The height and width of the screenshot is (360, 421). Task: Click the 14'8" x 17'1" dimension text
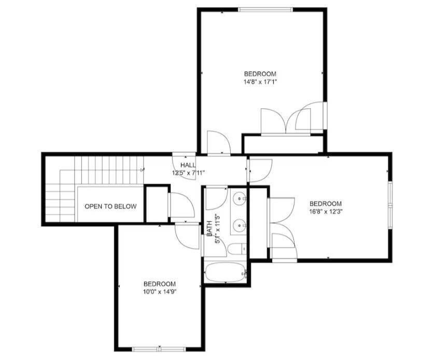coord(260,82)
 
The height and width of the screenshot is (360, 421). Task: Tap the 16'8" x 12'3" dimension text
coord(326,212)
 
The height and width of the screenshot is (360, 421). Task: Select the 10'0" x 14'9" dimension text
coord(160,292)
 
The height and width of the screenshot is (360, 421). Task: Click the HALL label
coord(188,165)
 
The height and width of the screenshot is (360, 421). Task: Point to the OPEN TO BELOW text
coord(110,206)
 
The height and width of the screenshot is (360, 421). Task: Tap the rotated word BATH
coord(209,228)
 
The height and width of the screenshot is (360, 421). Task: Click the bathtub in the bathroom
coord(225,272)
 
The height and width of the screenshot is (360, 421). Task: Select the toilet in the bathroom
coord(237,249)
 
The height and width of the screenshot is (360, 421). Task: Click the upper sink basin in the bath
coord(239,199)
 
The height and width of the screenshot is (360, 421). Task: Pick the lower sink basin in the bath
coord(239,225)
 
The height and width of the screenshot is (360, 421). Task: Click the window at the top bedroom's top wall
coord(265,10)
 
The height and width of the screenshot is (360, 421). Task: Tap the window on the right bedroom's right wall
coord(390,205)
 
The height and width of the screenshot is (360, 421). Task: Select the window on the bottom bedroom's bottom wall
coord(159,349)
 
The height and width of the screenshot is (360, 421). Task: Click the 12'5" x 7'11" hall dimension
coord(189,173)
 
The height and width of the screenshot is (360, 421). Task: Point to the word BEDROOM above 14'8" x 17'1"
coord(260,74)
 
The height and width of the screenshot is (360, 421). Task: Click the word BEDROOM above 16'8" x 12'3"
coord(326,204)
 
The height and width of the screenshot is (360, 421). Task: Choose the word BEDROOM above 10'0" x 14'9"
coord(160,284)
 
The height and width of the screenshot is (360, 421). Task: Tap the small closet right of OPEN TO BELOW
coord(157,204)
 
